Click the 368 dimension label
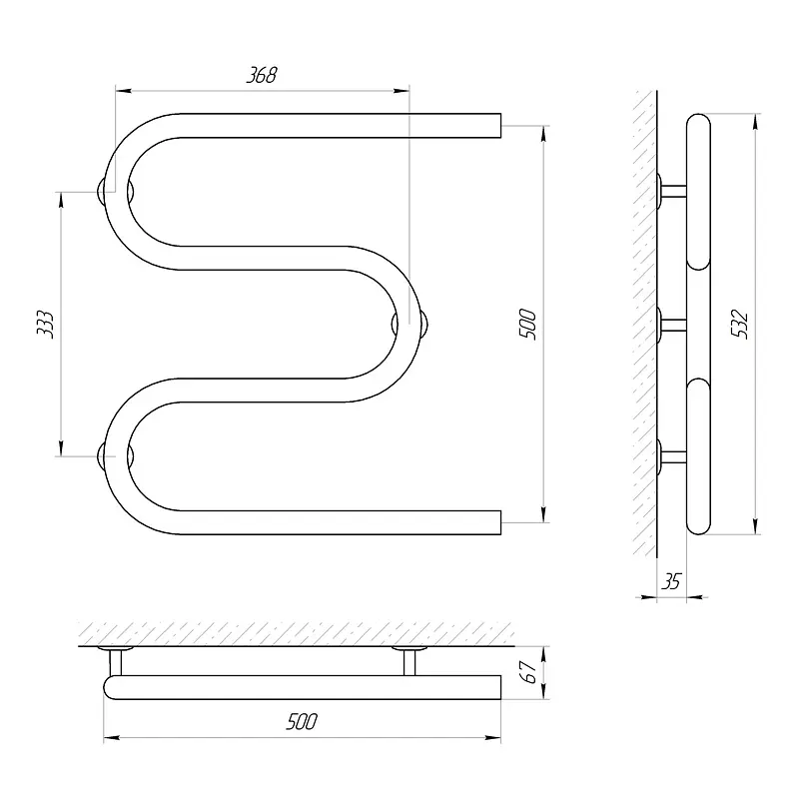point(262,75)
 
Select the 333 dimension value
point(45,324)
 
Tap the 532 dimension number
point(739,324)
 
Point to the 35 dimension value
point(671,581)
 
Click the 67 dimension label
point(529,672)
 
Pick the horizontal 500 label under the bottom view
point(302,721)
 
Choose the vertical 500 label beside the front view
point(527,324)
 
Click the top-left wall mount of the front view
point(116,192)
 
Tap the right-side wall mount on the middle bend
point(409,324)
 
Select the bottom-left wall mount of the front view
point(116,456)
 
